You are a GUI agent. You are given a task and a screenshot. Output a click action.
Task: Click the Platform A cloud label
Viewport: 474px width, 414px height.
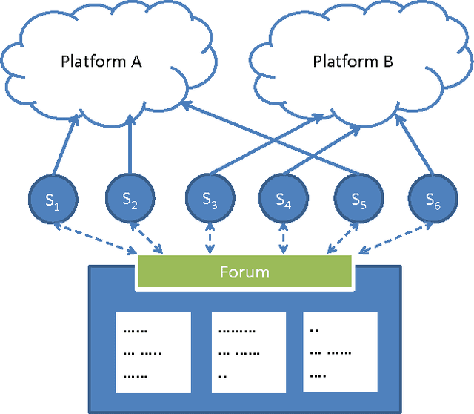point(101,62)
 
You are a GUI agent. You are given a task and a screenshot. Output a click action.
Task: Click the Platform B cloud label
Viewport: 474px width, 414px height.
point(353,62)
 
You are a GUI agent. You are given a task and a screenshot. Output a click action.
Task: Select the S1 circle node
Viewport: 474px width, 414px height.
point(53,198)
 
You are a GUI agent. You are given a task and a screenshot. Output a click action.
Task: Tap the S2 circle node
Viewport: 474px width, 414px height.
point(130,198)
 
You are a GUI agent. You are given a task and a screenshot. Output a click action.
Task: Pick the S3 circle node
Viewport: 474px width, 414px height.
point(210,198)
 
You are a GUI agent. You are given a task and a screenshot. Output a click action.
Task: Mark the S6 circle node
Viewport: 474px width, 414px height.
point(433,198)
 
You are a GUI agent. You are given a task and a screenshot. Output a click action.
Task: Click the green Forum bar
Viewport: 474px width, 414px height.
point(244,272)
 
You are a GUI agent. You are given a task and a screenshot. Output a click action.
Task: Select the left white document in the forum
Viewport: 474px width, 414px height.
point(153,352)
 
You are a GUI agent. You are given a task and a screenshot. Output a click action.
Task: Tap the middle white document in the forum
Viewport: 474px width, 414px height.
point(248,352)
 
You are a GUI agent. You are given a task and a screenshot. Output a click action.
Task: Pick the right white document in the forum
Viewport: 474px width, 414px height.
point(341,352)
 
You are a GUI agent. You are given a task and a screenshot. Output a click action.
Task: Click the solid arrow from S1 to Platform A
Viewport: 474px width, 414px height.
point(64,148)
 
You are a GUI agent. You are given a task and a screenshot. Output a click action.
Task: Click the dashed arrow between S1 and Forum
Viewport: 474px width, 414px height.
point(101,238)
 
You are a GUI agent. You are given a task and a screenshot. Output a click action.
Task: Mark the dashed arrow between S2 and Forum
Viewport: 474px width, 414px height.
point(150,237)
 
